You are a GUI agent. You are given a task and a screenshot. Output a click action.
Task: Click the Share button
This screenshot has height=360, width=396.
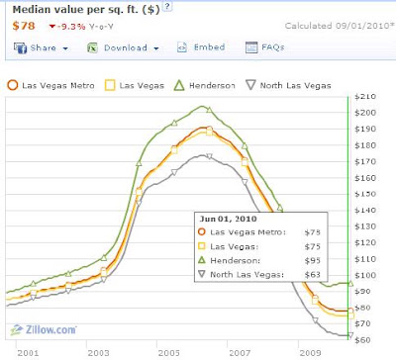pos(41,48)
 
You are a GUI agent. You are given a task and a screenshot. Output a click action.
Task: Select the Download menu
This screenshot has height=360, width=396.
pos(123,48)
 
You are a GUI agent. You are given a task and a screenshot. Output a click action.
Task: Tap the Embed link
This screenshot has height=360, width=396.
pos(201,47)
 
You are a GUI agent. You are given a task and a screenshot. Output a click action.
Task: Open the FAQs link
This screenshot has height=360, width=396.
pos(265,47)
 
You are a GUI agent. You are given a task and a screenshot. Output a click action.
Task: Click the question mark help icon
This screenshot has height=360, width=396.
pos(167,6)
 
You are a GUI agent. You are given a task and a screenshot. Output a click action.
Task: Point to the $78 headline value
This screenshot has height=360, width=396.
pos(24,26)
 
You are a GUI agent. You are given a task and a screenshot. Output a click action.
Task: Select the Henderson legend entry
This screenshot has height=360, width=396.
pos(205,85)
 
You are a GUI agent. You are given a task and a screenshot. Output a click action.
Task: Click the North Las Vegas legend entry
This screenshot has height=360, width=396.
pos(288,85)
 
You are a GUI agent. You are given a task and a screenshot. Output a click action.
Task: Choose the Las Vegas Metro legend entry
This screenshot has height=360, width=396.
pos(50,85)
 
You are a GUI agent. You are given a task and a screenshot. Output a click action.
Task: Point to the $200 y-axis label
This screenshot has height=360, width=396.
pos(365,113)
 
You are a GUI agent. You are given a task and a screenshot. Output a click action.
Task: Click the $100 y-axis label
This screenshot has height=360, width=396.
pos(365,275)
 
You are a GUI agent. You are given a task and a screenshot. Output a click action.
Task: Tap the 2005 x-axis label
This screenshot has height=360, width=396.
pos(168,353)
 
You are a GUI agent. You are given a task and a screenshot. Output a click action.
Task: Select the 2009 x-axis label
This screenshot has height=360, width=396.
pos(310,353)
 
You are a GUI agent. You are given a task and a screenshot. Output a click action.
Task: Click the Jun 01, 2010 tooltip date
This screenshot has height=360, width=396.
pos(228,219)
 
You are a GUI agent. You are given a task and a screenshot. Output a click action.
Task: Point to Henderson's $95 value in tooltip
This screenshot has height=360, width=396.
pos(312,261)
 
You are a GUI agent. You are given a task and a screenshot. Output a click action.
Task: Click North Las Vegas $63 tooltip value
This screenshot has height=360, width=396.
pos(312,275)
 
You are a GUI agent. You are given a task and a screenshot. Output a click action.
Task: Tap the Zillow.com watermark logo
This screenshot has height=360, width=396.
pos(44,329)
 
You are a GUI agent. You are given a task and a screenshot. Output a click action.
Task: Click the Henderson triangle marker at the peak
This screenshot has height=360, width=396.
pos(209,110)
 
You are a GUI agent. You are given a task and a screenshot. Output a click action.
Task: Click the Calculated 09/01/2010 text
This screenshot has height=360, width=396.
pos(340,26)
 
